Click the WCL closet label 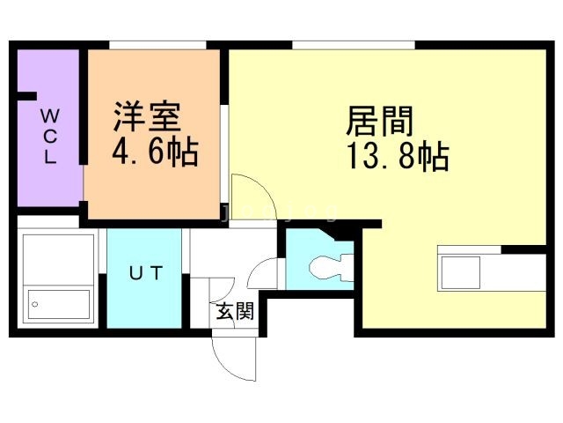tap(50, 137)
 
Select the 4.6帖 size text tap(153, 152)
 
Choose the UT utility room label tap(145, 273)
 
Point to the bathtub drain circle tap(35, 303)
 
